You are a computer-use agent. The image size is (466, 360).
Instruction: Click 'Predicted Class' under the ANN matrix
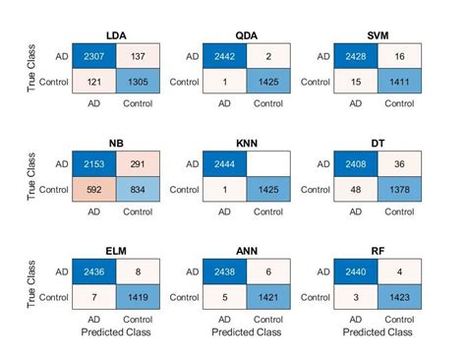247,333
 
